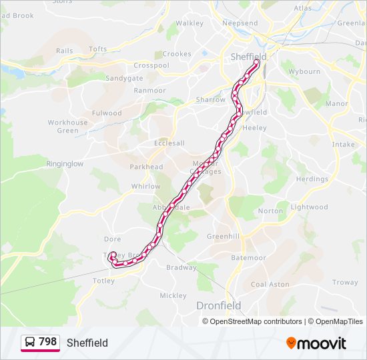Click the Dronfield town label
tap(219, 305)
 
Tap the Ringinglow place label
tap(65, 163)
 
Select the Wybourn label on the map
tap(304, 71)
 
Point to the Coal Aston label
tap(270, 284)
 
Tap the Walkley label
tap(190, 23)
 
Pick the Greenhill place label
tap(223, 237)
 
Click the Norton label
tap(270, 211)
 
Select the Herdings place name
tap(312, 179)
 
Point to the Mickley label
tap(173, 295)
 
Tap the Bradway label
tap(181, 267)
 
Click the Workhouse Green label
tap(67, 127)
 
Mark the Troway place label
tap(345, 282)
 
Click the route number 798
tap(47, 342)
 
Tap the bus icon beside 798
tap(30, 343)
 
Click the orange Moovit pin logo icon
tap(291, 343)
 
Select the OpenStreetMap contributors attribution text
tap(252, 321)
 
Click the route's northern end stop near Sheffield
tap(256, 63)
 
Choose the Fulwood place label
tap(107, 113)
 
